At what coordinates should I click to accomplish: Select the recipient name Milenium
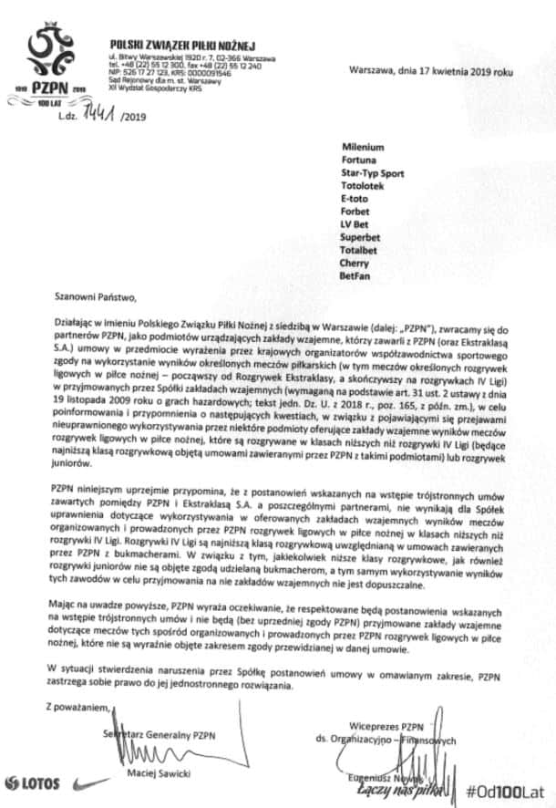pyautogui.click(x=363, y=147)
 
